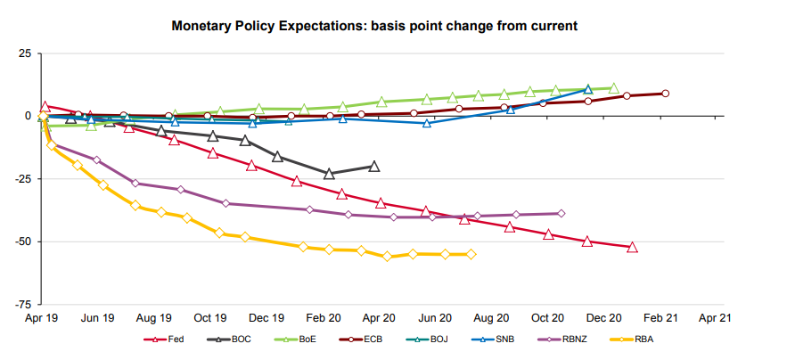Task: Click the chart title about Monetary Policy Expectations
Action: [x=374, y=27]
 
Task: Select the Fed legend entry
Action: [x=167, y=340]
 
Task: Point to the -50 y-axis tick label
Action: [x=22, y=241]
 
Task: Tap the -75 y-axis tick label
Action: [x=22, y=304]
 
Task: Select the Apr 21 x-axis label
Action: [x=714, y=317]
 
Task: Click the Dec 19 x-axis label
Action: [x=266, y=317]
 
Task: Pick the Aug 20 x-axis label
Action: [x=490, y=317]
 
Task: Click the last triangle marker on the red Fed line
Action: [x=632, y=247]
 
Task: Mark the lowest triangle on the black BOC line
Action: [x=329, y=174]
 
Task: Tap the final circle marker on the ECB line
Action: [x=665, y=94]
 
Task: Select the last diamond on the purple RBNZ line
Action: [x=561, y=214]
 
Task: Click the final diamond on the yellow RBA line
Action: [x=471, y=254]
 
